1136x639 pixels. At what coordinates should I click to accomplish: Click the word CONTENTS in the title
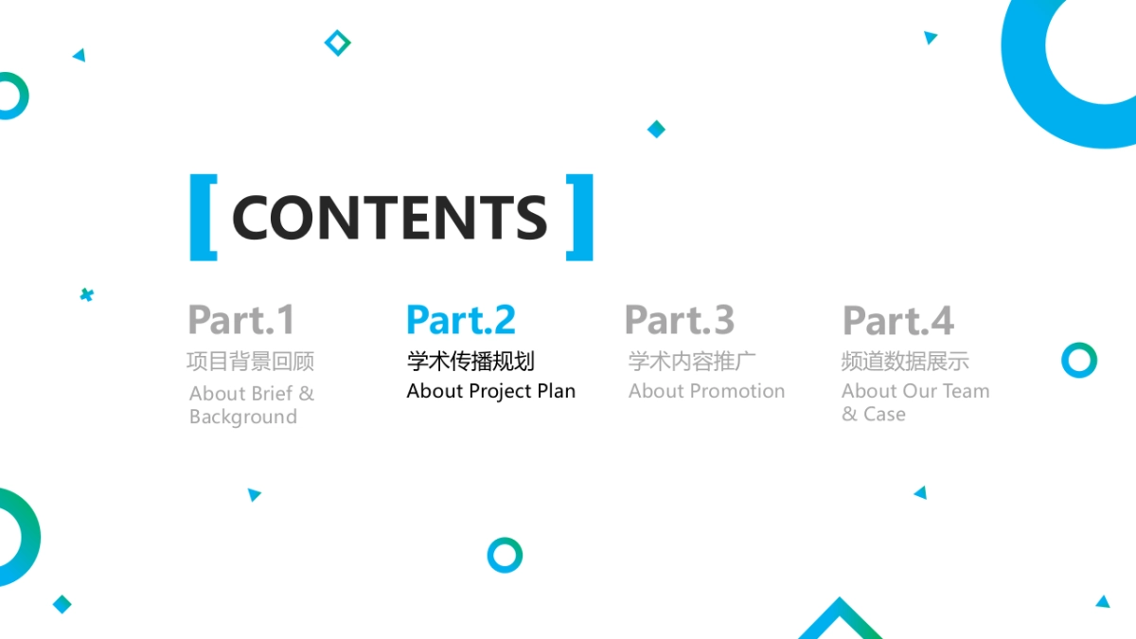click(x=389, y=218)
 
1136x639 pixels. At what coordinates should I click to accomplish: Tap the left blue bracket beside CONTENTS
click(x=198, y=218)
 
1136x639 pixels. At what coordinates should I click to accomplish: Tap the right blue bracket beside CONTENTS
click(x=585, y=218)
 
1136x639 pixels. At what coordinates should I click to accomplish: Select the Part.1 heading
click(x=241, y=320)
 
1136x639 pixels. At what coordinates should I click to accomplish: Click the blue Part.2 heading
click(x=461, y=320)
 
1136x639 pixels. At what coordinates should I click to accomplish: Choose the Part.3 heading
click(x=680, y=320)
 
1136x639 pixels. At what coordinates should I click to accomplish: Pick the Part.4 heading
click(x=898, y=320)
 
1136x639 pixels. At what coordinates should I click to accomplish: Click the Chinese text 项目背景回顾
click(x=251, y=362)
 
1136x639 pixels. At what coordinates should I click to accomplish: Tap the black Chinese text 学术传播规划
click(x=470, y=361)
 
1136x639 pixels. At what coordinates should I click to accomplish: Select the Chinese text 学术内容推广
click(x=692, y=361)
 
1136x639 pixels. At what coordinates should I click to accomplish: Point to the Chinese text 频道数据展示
click(x=905, y=361)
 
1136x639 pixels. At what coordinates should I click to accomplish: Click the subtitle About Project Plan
click(x=491, y=391)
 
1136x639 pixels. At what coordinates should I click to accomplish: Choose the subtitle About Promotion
click(x=706, y=391)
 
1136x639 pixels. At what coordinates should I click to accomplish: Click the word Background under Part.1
click(x=243, y=417)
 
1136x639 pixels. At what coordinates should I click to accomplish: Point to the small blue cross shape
click(x=87, y=294)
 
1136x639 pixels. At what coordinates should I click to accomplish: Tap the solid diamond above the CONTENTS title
click(x=656, y=129)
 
